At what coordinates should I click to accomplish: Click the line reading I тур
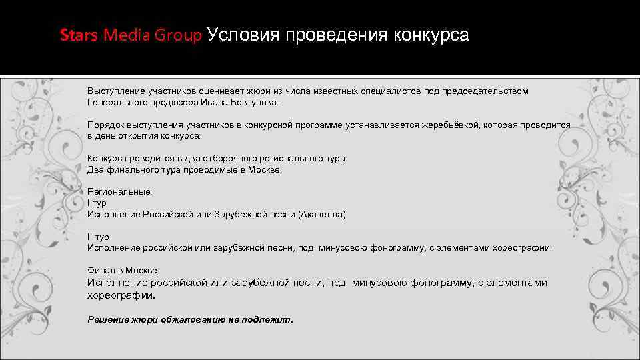click(97, 203)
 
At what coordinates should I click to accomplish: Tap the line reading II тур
click(98, 237)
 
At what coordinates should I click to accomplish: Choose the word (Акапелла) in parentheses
click(322, 215)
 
